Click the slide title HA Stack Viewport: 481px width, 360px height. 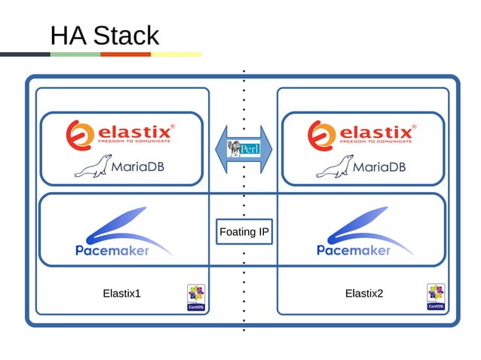[x=104, y=35]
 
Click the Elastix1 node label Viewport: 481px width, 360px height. [x=121, y=293]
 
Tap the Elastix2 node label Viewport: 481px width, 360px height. [x=363, y=293]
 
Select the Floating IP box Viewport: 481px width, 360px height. [x=244, y=232]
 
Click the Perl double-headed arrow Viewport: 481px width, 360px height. [x=244, y=148]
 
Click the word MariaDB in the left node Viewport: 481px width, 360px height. [x=138, y=166]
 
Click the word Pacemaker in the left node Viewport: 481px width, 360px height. [x=112, y=250]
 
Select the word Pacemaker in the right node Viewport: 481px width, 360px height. [x=354, y=250]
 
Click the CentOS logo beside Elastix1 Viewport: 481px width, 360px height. [x=196, y=297]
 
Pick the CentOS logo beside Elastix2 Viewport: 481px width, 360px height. [x=436, y=297]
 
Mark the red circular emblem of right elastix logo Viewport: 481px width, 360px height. [x=320, y=134]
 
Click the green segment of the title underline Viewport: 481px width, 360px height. [x=75, y=54]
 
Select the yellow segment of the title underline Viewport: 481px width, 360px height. [x=176, y=54]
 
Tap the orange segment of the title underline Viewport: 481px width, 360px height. [x=125, y=54]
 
